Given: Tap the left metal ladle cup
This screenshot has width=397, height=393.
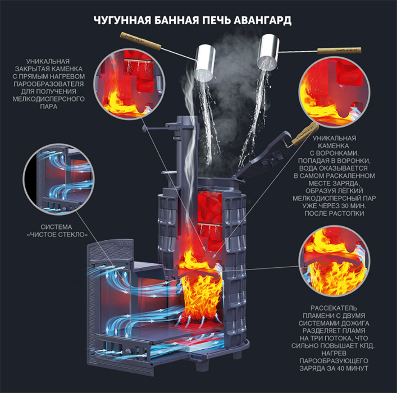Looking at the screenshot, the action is pyautogui.click(x=204, y=63).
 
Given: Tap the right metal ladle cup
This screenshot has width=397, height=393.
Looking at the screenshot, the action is pyautogui.click(x=268, y=53).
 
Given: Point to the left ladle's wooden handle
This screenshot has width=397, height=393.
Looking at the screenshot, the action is pyautogui.click(x=140, y=42).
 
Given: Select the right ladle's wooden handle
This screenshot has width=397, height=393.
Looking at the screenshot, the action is pyautogui.click(x=339, y=51).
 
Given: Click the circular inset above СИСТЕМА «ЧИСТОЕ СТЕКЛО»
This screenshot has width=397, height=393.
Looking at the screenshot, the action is pyautogui.click(x=59, y=179).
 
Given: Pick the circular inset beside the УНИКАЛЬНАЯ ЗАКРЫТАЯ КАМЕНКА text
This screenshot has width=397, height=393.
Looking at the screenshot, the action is pyautogui.click(x=129, y=84).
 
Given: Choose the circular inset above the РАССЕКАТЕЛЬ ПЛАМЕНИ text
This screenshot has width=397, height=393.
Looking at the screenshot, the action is pyautogui.click(x=334, y=261).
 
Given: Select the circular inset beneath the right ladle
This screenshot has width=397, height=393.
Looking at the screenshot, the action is pyautogui.click(x=334, y=92).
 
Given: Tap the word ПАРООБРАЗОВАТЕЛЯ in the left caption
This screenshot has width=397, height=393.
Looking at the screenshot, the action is pyautogui.click(x=49, y=84).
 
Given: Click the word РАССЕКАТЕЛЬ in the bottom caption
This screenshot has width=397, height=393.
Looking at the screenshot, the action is pyautogui.click(x=334, y=308).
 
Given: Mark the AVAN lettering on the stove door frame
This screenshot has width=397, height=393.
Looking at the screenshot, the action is pyautogui.click(x=125, y=243).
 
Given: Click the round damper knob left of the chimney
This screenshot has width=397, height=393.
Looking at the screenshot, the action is pyautogui.click(x=144, y=129).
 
